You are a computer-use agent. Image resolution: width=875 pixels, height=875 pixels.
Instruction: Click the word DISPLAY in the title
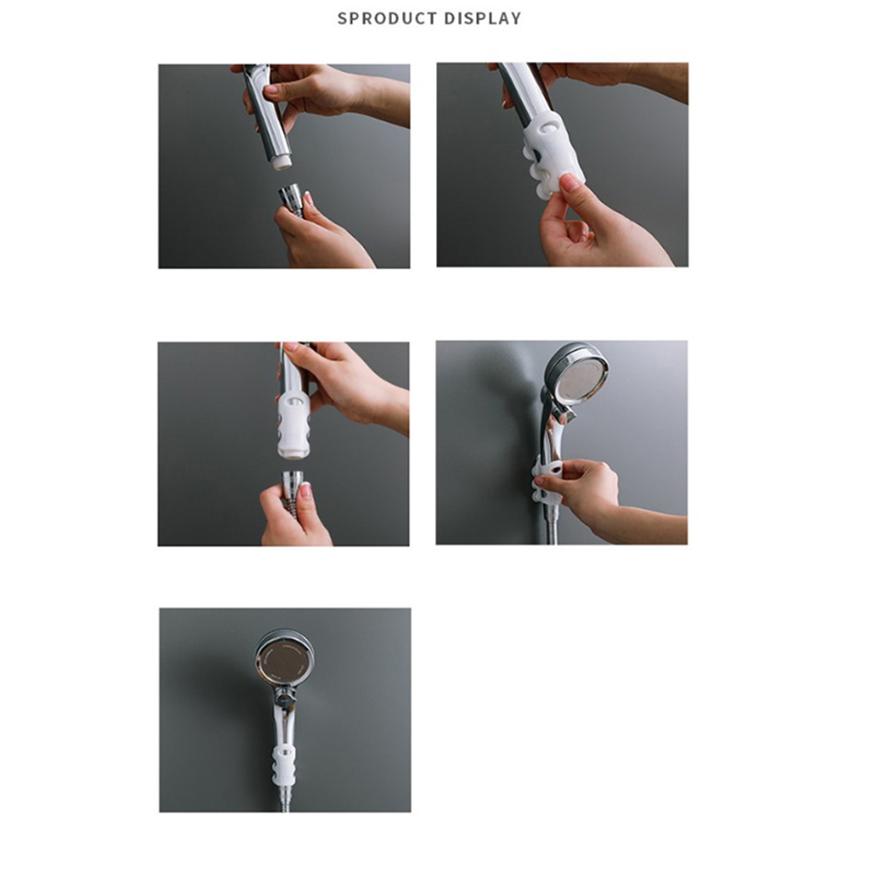click(482, 18)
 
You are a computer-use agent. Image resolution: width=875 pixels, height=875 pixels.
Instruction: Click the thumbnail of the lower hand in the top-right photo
click(570, 183)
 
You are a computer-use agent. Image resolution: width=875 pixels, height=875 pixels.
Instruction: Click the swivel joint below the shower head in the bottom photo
click(284, 697)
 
